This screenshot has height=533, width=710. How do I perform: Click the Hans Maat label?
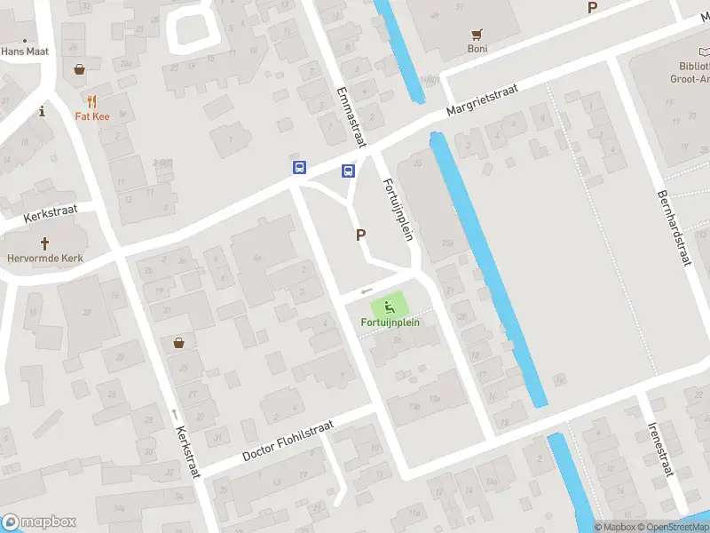click(x=25, y=52)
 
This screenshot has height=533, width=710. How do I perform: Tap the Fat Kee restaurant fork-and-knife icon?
click(x=91, y=101)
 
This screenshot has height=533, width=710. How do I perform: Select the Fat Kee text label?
click(x=91, y=116)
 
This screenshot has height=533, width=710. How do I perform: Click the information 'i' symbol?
click(x=42, y=111)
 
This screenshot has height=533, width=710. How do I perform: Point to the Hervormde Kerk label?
click(x=44, y=259)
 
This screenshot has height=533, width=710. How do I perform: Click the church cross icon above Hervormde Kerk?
click(x=44, y=243)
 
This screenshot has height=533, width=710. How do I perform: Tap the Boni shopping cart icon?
click(x=477, y=34)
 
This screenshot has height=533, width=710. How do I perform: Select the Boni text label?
click(x=477, y=49)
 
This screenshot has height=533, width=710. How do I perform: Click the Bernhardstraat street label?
click(x=674, y=228)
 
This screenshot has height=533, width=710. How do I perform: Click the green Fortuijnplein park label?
click(x=390, y=322)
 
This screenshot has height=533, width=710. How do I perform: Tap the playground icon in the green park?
click(x=390, y=307)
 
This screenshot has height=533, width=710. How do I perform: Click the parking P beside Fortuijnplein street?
click(x=361, y=235)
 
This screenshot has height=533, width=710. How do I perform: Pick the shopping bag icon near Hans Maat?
click(x=80, y=68)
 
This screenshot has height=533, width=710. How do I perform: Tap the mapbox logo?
click(x=39, y=522)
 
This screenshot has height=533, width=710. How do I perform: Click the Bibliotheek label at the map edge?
click(x=690, y=71)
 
